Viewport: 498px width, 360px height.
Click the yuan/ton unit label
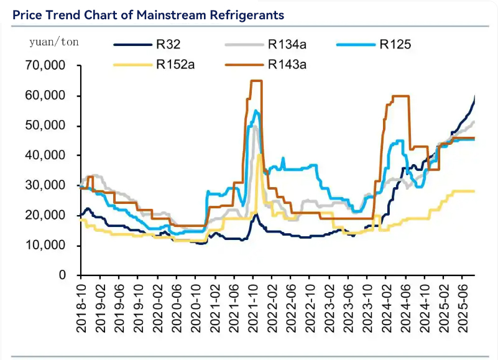click(x=54, y=42)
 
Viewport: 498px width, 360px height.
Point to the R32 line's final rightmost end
click(x=475, y=96)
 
